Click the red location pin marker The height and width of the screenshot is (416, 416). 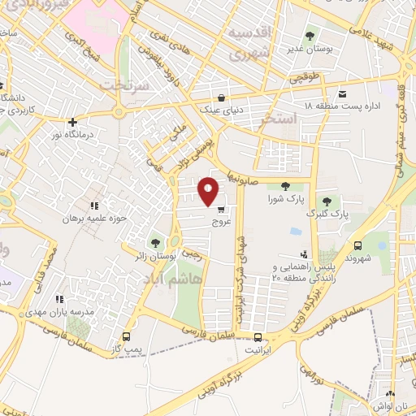tap(209, 191)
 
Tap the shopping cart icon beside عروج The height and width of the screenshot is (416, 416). tap(220, 210)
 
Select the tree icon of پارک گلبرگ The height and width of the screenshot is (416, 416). tap(327, 201)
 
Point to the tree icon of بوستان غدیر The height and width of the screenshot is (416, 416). tap(310, 35)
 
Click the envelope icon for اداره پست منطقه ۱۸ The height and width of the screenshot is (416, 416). tap(343, 94)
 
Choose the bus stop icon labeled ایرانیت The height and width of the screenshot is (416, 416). tap(258, 337)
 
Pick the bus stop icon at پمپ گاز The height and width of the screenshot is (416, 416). tap(126, 336)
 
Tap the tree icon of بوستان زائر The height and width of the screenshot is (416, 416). tap(155, 243)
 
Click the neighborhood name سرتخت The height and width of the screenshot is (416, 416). tap(124, 84)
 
